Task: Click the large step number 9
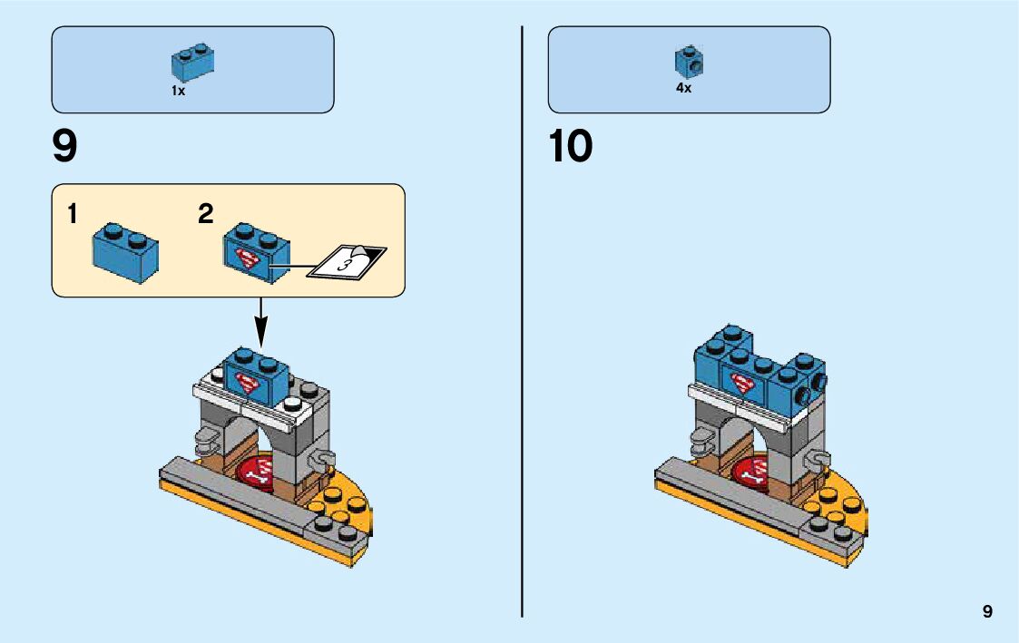click(x=65, y=147)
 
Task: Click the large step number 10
click(x=570, y=147)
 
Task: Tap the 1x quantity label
click(x=178, y=91)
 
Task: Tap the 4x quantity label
click(x=683, y=89)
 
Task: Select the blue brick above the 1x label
click(x=191, y=63)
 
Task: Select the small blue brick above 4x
click(x=689, y=62)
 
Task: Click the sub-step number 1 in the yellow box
click(x=72, y=215)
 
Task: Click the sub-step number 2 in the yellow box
click(x=206, y=215)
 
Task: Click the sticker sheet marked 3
click(x=348, y=261)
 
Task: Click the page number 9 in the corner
click(x=987, y=612)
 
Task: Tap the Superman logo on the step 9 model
click(x=247, y=380)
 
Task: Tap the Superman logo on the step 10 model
click(x=743, y=383)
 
